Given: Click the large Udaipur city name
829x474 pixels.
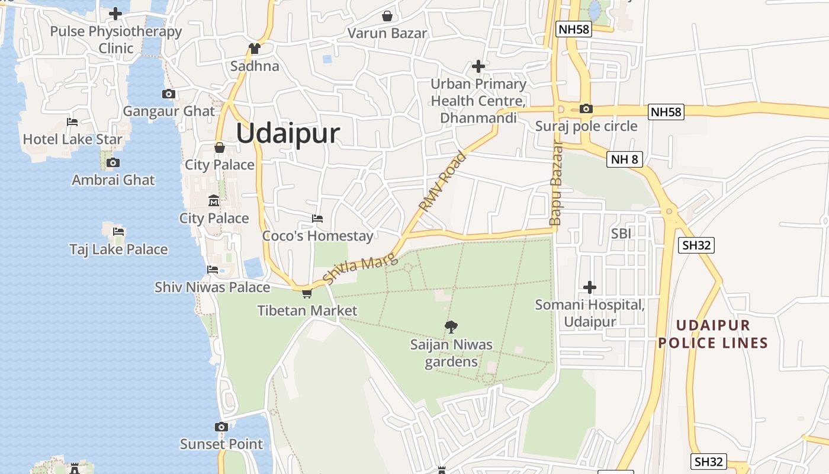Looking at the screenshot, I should [x=288, y=133].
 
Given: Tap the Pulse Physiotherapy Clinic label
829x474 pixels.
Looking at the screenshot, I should [x=116, y=39].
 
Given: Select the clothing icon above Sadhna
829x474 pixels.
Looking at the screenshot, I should [x=255, y=49].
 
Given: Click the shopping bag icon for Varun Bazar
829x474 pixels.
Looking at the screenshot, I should [x=387, y=16].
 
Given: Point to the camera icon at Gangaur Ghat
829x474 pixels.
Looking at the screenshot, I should [x=169, y=94].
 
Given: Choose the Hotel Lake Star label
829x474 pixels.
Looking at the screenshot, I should [x=73, y=139].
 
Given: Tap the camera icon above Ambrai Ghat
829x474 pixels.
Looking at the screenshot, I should [x=113, y=162].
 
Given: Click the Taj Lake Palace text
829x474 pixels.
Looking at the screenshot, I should [x=118, y=249].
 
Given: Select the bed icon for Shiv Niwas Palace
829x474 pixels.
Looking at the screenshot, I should [x=213, y=270].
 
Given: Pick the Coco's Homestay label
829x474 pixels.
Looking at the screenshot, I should [x=318, y=236].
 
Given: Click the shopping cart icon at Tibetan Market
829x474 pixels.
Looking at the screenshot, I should [x=307, y=293].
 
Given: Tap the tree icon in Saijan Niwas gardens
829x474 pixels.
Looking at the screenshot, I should [x=451, y=326].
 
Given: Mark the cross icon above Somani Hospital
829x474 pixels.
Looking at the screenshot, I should [x=590, y=287].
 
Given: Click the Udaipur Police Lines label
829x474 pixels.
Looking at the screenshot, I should [x=713, y=334].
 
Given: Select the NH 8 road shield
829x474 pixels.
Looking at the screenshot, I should [x=625, y=159].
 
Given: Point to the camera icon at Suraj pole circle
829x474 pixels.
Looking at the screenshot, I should [x=586, y=108].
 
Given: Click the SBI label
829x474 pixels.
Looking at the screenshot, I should [x=621, y=234].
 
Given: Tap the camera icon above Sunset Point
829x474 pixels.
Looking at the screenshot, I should [x=221, y=427].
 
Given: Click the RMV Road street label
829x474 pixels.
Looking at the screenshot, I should [x=443, y=181].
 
